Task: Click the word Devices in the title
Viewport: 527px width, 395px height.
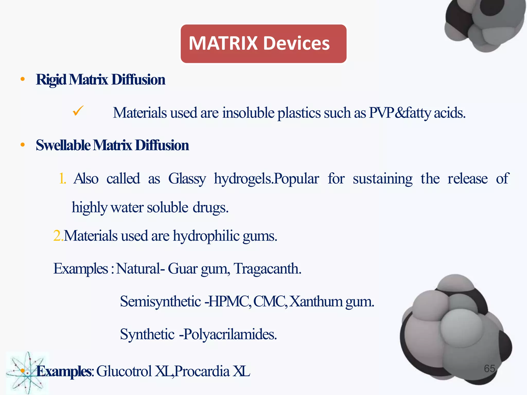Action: (296, 43)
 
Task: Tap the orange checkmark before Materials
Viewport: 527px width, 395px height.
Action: (78, 111)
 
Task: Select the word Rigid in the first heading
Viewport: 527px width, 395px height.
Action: (51, 80)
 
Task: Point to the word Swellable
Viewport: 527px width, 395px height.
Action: (63, 145)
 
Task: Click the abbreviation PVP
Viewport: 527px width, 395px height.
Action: (381, 113)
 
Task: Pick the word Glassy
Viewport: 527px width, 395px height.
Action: (187, 179)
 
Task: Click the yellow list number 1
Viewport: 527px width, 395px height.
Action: (62, 178)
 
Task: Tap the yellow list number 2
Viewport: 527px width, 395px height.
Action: (58, 236)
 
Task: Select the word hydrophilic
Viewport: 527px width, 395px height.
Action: (206, 236)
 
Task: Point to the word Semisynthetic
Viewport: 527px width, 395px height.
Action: (160, 301)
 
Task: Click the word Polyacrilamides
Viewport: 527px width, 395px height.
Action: (230, 334)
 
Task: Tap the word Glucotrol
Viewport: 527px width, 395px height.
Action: (124, 371)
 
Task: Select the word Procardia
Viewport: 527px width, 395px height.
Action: (202, 371)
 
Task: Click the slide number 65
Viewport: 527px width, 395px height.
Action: (489, 369)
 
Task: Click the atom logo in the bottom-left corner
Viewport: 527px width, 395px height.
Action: (27, 373)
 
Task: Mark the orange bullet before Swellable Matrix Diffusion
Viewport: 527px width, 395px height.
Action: (23, 145)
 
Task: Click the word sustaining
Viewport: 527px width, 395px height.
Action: (382, 179)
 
